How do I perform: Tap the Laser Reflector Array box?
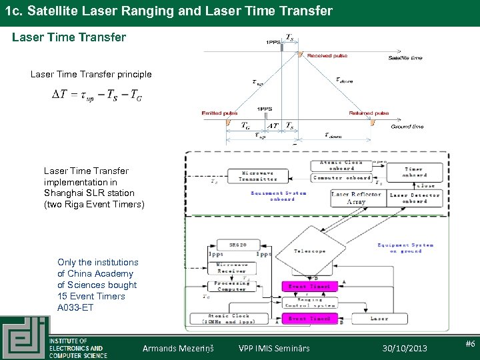[357, 197]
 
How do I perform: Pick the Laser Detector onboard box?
[415, 197]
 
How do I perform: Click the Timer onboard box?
[413, 173]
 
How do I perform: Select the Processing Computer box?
[232, 285]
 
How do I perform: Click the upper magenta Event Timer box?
[309, 286]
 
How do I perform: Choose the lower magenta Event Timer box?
[309, 319]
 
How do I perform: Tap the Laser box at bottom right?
[379, 319]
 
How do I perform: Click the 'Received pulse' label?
[327, 56]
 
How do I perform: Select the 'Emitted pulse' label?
[219, 113]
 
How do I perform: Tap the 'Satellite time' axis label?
[405, 58]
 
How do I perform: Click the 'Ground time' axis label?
[407, 126]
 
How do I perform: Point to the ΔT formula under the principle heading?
[97, 95]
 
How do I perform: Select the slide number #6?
[469, 344]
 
